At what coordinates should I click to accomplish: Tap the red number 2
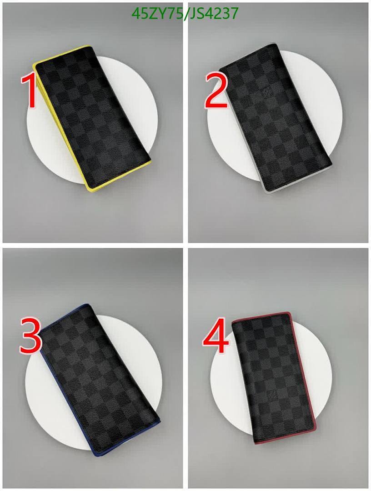tap(216, 91)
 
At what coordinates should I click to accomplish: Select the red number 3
tap(30, 336)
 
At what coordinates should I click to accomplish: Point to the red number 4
tap(216, 337)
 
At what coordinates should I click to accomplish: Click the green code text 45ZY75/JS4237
tap(185, 14)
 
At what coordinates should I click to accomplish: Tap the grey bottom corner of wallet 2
tap(267, 191)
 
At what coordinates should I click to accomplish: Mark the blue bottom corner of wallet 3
tap(94, 453)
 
